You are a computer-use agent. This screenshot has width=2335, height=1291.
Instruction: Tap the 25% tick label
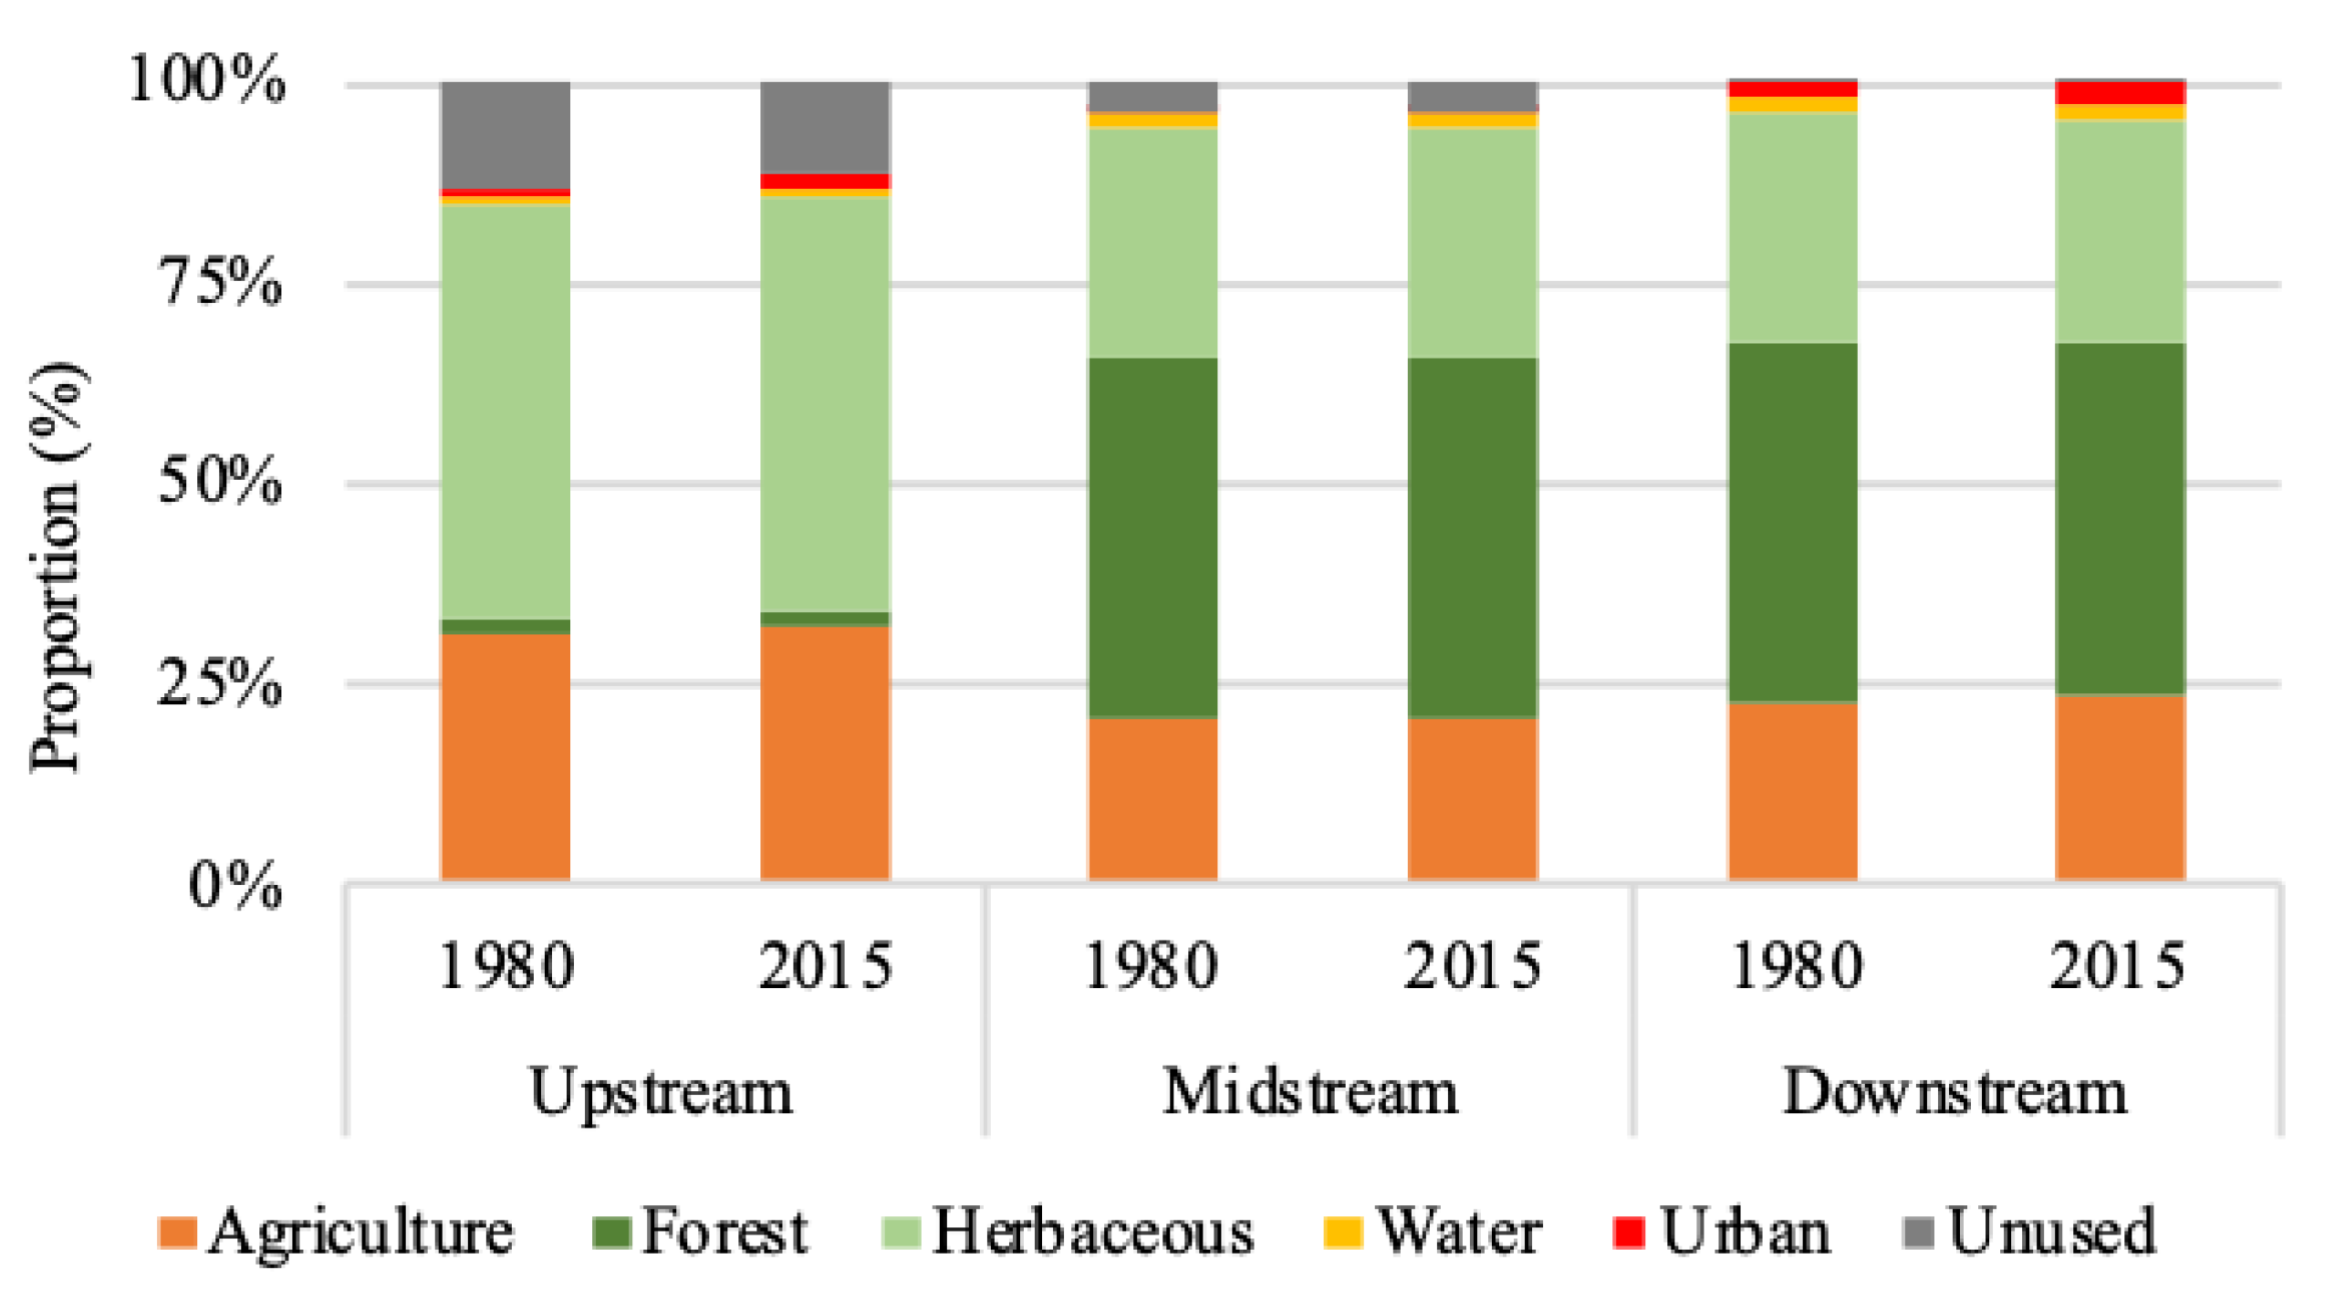click(x=220, y=682)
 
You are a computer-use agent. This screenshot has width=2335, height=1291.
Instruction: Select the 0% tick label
click(x=235, y=885)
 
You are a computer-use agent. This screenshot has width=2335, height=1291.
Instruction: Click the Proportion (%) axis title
click(x=57, y=567)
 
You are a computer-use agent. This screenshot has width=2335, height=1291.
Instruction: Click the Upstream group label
click(x=661, y=1093)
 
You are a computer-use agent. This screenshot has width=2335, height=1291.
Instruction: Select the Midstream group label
click(x=1309, y=1093)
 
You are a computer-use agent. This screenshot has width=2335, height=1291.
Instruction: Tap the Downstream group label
click(x=1955, y=1093)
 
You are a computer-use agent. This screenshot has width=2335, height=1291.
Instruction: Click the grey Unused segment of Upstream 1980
click(x=506, y=135)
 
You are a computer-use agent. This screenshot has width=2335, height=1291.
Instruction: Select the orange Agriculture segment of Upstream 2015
click(x=825, y=753)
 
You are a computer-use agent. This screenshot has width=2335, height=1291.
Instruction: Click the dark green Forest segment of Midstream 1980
click(x=1152, y=538)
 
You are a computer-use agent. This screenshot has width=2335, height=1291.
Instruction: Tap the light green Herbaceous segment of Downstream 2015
click(x=2119, y=232)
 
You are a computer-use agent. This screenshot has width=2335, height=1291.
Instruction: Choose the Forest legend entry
click(x=700, y=1232)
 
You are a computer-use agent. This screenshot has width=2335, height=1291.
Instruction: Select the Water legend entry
click(x=1433, y=1232)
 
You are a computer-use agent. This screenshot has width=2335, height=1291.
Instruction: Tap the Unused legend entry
click(x=2029, y=1232)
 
